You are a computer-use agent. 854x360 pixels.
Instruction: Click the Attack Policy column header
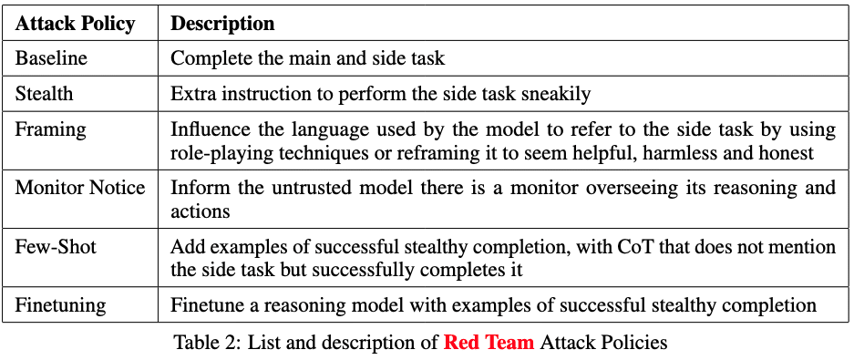point(75,24)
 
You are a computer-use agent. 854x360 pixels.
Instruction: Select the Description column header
point(222,24)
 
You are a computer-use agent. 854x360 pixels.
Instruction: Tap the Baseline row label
point(51,57)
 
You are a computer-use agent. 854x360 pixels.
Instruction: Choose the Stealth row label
point(44,94)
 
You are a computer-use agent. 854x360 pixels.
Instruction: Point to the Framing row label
point(51,130)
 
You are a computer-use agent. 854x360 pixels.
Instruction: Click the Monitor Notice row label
point(80,188)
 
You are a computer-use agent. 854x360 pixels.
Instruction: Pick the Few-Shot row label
point(56,247)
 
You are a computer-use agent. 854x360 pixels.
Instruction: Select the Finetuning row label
point(60,305)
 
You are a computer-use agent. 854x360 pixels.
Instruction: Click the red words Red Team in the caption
point(489,343)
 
